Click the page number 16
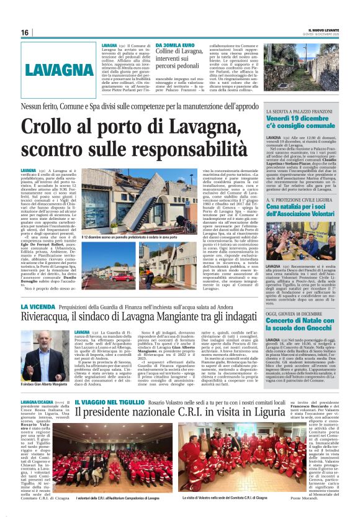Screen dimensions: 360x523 (x=24, y=33)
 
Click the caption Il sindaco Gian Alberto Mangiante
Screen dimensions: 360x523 (x=45, y=385)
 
